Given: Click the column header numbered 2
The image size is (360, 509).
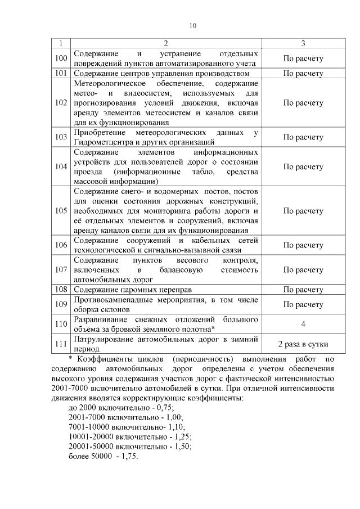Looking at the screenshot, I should coord(166,43).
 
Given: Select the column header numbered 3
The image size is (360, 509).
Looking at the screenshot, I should coord(303,43).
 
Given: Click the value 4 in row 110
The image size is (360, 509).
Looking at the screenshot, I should coord(303,324).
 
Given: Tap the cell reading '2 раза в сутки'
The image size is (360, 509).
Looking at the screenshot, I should coord(303,344).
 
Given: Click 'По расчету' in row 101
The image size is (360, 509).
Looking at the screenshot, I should coord(303,73).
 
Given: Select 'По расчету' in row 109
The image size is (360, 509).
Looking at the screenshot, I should coord(303,305).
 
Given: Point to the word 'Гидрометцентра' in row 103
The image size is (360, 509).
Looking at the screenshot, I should coord(102,142).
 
